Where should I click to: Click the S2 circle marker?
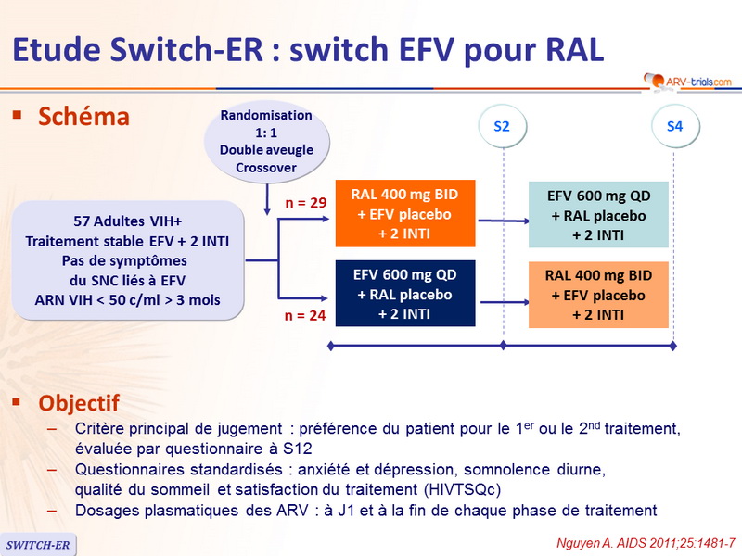click(502, 127)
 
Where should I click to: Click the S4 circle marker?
click(673, 127)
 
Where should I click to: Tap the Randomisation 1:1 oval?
click(266, 141)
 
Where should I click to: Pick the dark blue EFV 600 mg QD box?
click(405, 294)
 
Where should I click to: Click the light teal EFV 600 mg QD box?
click(599, 214)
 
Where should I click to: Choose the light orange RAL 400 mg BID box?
click(599, 294)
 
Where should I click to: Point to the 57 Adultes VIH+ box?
click(129, 259)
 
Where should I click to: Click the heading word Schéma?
click(83, 118)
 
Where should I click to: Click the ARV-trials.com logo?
click(686, 82)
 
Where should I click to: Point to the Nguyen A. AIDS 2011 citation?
click(645, 540)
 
